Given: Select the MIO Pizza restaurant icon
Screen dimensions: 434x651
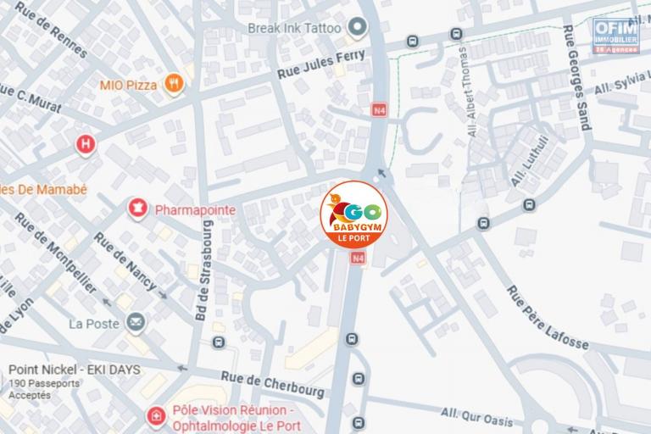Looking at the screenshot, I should click(174, 83).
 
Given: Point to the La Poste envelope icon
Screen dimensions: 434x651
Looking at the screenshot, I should click(135, 322).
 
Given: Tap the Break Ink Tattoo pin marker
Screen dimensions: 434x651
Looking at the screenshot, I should click(359, 29).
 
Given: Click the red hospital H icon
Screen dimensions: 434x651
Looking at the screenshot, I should click(85, 144).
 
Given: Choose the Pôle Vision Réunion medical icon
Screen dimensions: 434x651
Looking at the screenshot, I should click(154, 416).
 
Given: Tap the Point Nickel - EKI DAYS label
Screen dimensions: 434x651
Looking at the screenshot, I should click(75, 370).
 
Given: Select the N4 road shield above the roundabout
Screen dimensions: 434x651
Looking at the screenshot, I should click(378, 110).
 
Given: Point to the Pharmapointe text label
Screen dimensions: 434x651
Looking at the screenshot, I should click(194, 209).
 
